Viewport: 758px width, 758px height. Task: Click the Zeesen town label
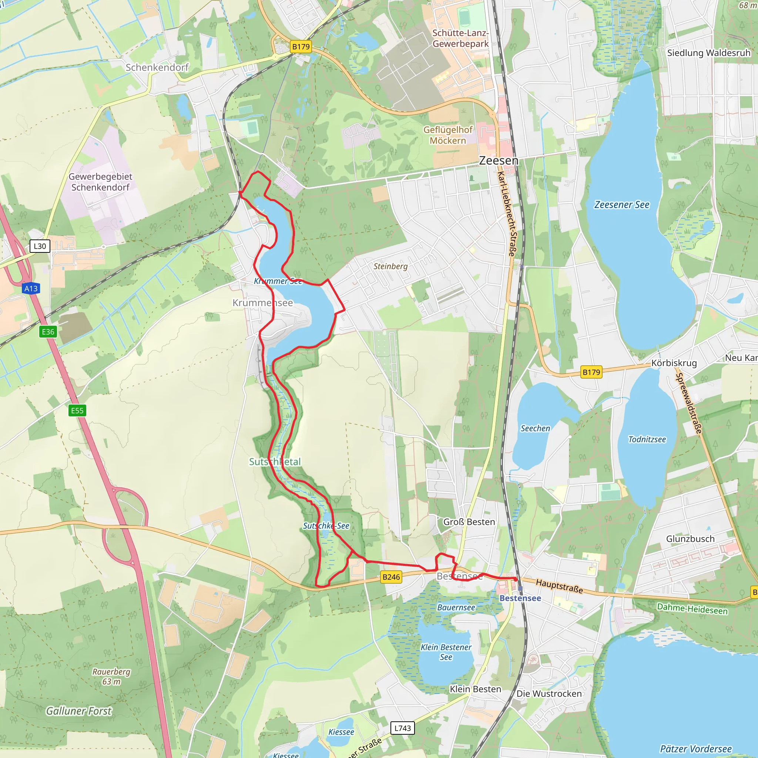[x=498, y=161]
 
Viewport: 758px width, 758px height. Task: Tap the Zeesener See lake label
[x=621, y=205]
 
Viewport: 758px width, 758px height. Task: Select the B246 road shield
[x=391, y=577]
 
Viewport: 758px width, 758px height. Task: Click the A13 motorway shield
[x=31, y=289]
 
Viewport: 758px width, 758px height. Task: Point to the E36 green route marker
[x=48, y=332]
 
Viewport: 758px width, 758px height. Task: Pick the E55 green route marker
[x=77, y=411]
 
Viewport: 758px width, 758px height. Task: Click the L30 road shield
[x=40, y=246]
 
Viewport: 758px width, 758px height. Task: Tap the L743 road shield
[x=403, y=728]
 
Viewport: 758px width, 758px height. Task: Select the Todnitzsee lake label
[x=647, y=439]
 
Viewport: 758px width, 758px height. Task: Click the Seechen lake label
[x=535, y=429]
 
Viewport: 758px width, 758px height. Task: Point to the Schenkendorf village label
[x=157, y=67]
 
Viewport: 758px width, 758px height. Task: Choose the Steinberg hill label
[x=390, y=266]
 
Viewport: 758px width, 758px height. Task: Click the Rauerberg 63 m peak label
[x=111, y=677]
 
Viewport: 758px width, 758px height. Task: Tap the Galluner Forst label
[x=79, y=711]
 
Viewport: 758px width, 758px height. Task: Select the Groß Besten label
[x=469, y=522]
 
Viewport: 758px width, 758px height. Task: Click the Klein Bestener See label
[x=446, y=652]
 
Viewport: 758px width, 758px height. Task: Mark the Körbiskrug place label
[x=674, y=363]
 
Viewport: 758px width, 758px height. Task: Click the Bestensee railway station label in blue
[x=520, y=598]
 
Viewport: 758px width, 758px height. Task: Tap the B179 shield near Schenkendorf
[x=301, y=47]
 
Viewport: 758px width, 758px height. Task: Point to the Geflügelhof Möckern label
[x=448, y=135]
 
